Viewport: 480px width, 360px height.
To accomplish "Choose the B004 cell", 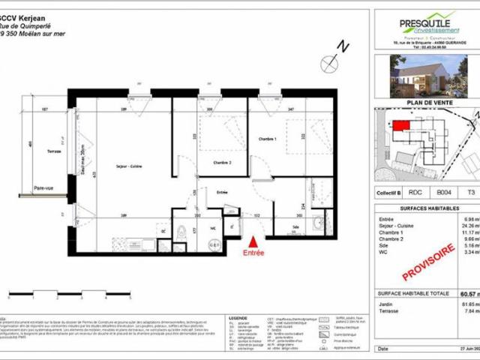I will coord(443,193).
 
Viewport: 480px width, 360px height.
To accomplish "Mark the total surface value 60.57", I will coord(466,295).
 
